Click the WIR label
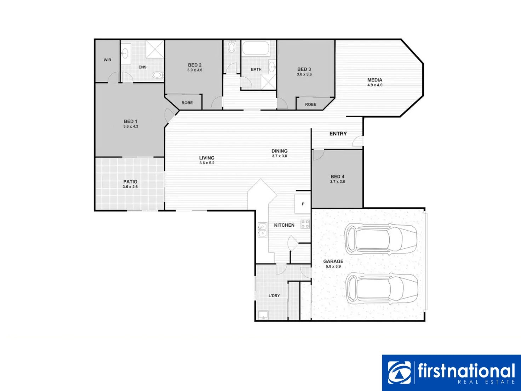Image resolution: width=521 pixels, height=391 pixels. tap(107, 60)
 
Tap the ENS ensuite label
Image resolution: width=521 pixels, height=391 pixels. tap(142, 67)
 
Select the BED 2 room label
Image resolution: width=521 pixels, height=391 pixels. tap(195, 65)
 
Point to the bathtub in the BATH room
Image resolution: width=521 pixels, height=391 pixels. tap(256, 48)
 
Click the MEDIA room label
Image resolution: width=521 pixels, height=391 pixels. tap(375, 80)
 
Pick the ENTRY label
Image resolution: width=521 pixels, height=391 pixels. tap(338, 134)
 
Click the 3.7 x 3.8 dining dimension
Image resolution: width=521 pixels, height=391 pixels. tap(280, 156)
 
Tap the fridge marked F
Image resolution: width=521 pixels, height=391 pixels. tap(303, 204)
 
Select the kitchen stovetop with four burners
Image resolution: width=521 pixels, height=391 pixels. tap(305, 224)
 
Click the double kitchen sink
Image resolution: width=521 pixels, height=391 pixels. tap(262, 230)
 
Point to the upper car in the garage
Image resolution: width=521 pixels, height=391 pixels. tap(381, 239)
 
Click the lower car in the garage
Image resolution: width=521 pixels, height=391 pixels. tap(382, 289)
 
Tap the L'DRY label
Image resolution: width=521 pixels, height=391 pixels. tap(274, 296)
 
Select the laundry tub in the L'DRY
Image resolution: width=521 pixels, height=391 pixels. tap(263, 315)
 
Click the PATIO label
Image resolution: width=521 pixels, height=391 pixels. tap(130, 182)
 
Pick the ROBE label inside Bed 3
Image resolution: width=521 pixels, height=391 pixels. tap(310, 104)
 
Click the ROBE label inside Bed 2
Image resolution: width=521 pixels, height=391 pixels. tap(187, 103)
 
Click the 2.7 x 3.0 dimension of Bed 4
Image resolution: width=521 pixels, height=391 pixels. tap(338, 182)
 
